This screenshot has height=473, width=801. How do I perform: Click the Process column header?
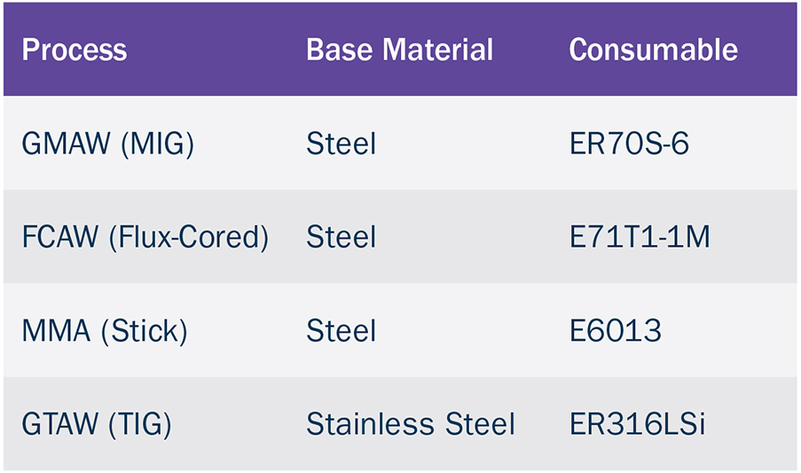pyautogui.click(x=75, y=50)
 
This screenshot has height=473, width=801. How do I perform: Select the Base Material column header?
pyautogui.click(x=399, y=50)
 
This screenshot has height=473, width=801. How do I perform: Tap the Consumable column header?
pyautogui.click(x=654, y=50)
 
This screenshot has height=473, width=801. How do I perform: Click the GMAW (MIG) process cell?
pyautogui.click(x=108, y=144)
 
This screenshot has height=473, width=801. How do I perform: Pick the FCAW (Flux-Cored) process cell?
pyautogui.click(x=145, y=237)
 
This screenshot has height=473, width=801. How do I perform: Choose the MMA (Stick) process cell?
pyautogui.click(x=105, y=330)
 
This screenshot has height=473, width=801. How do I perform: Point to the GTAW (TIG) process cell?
pyautogui.click(x=97, y=424)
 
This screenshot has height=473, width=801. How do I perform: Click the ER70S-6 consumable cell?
pyautogui.click(x=629, y=144)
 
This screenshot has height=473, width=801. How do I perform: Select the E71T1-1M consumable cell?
pyautogui.click(x=640, y=237)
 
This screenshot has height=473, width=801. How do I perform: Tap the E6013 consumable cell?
pyautogui.click(x=616, y=330)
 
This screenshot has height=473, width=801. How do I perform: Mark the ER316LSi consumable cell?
pyautogui.click(x=638, y=424)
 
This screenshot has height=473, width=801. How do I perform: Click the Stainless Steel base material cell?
pyautogui.click(x=411, y=424)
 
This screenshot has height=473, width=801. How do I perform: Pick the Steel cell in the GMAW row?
pyautogui.click(x=342, y=144)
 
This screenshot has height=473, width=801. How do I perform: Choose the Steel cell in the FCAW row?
pyautogui.click(x=342, y=237)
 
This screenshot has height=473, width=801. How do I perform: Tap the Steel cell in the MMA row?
pyautogui.click(x=342, y=330)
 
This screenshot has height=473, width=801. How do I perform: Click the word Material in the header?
pyautogui.click(x=438, y=50)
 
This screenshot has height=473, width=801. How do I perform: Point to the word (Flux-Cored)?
pyautogui.click(x=189, y=237)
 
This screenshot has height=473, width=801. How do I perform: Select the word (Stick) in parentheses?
pyautogui.click(x=145, y=330)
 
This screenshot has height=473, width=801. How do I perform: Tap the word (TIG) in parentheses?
pyautogui.click(x=140, y=424)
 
